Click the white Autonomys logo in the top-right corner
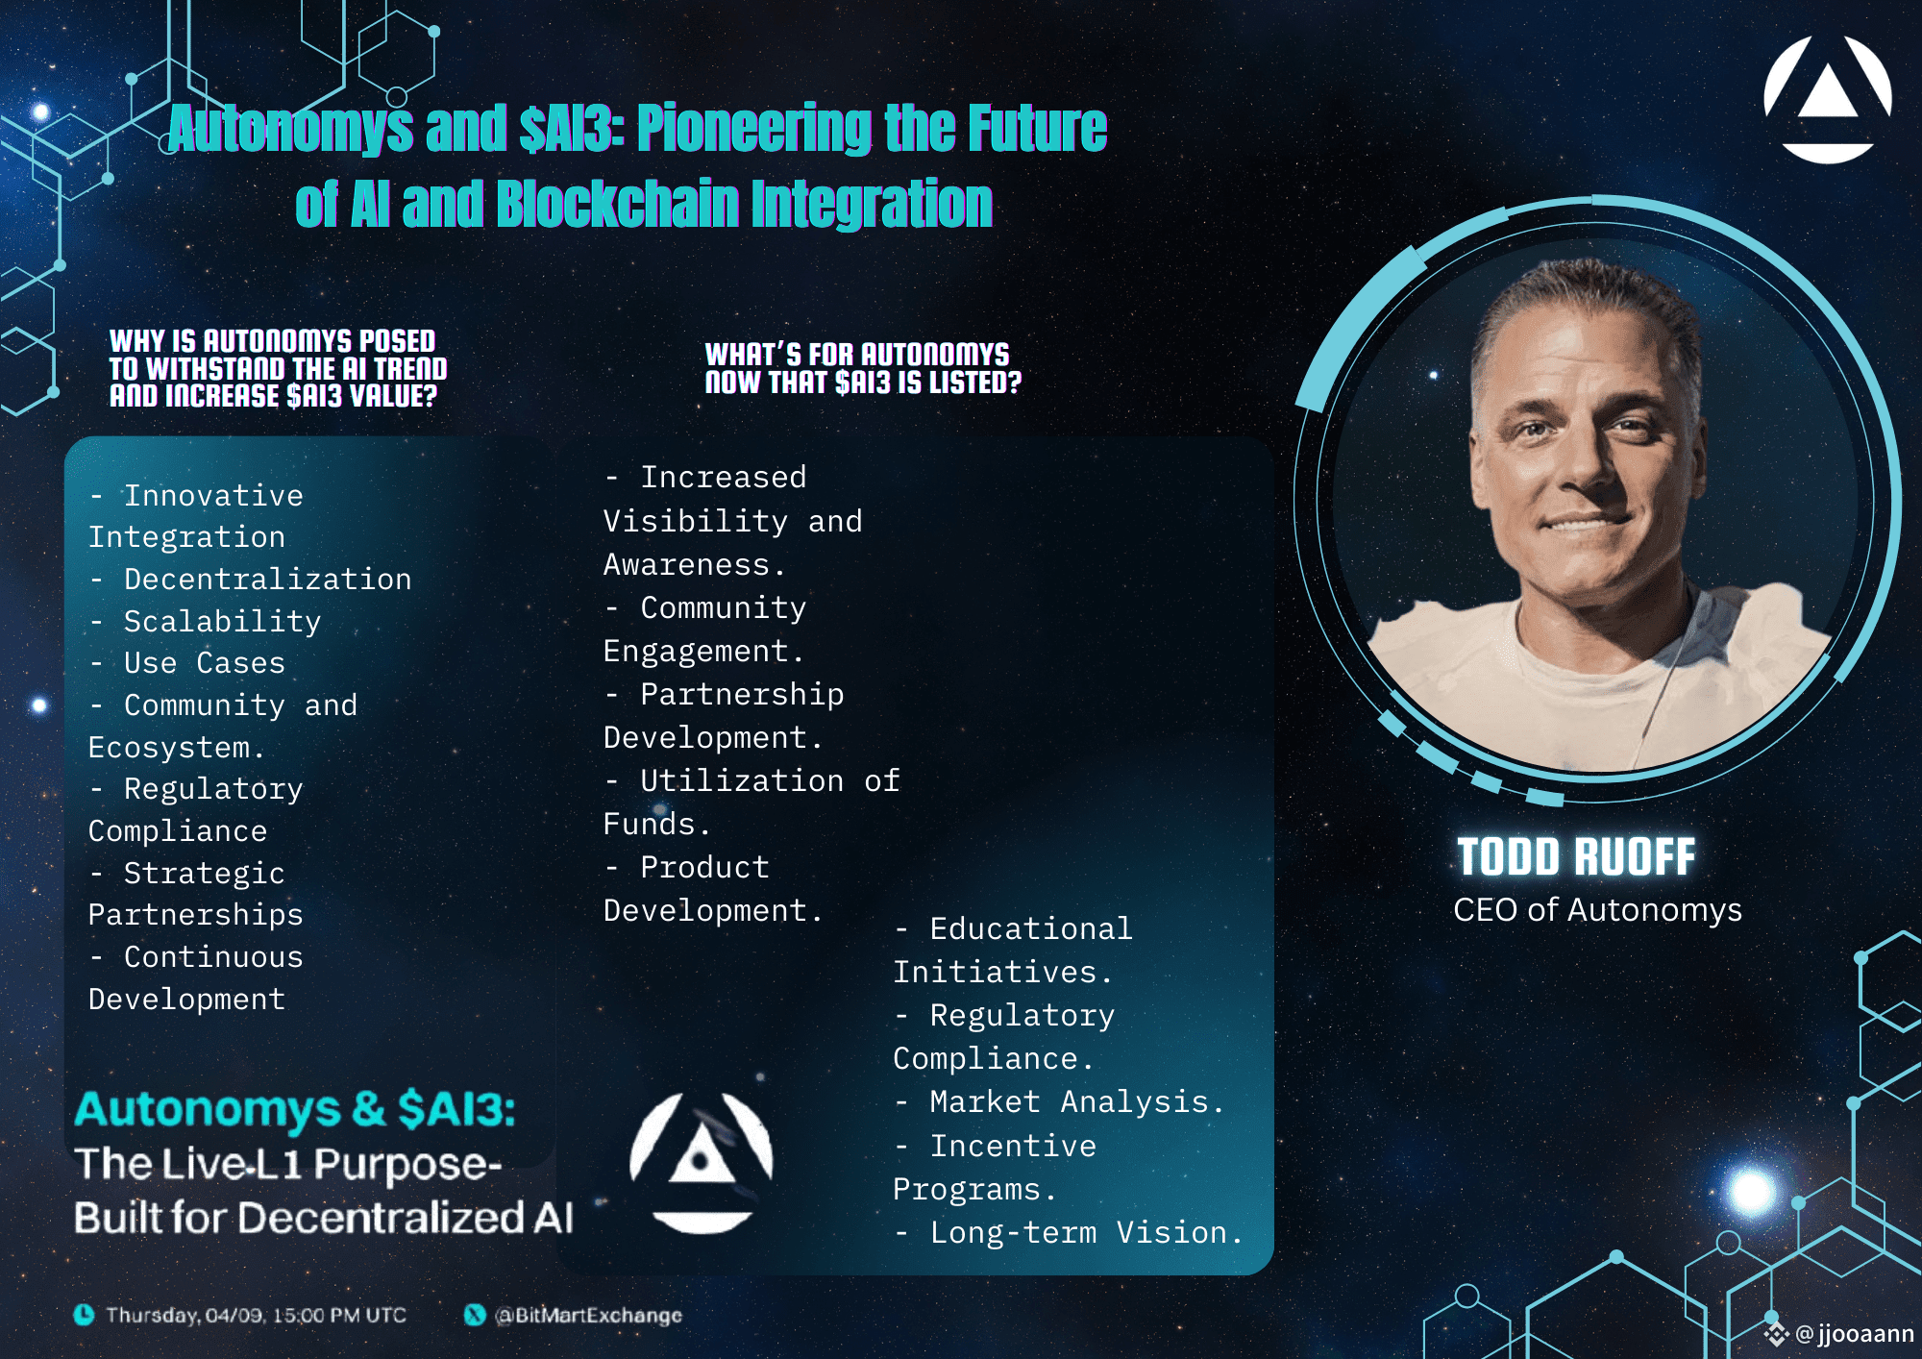coord(1828,100)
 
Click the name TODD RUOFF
coord(1576,857)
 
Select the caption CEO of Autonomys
coord(1597,910)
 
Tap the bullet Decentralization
coord(267,580)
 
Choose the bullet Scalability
coord(222,622)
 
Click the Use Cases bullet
coord(205,663)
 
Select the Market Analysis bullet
coord(1076,1102)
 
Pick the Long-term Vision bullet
coord(1086,1233)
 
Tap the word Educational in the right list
coord(1031,929)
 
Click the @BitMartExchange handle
coord(588,1315)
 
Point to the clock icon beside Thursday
coord(85,1315)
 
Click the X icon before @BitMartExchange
coord(475,1315)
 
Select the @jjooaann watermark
coord(1854,1334)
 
